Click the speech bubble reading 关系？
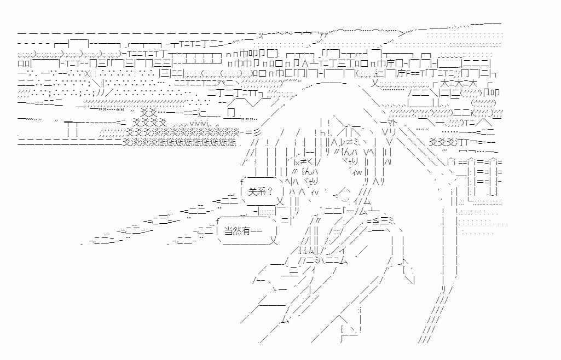[260, 191]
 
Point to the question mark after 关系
[272, 191]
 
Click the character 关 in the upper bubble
[253, 191]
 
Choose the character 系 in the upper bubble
[262, 191]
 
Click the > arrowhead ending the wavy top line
[401, 32]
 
